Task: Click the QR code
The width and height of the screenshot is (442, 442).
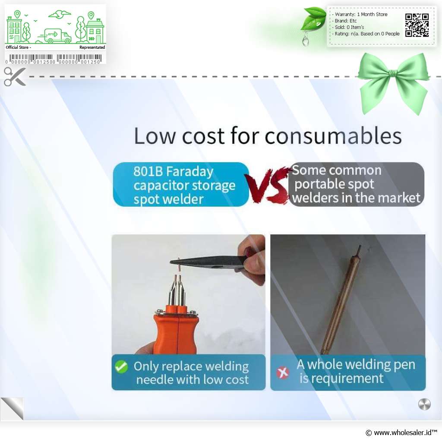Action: pos(417,25)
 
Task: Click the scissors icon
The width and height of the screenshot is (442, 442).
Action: pos(15,76)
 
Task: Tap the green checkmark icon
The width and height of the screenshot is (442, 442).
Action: pos(121,367)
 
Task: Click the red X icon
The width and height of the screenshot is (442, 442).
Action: pos(282,373)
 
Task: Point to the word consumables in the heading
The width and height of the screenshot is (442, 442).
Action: pos(333,136)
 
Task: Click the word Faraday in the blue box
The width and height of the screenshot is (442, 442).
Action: pos(189,172)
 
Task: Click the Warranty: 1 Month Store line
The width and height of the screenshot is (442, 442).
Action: pos(361,14)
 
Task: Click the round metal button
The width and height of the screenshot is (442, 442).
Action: pos(424,404)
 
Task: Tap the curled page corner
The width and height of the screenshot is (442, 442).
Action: pos(12,409)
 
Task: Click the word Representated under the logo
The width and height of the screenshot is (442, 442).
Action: pos(92,47)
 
